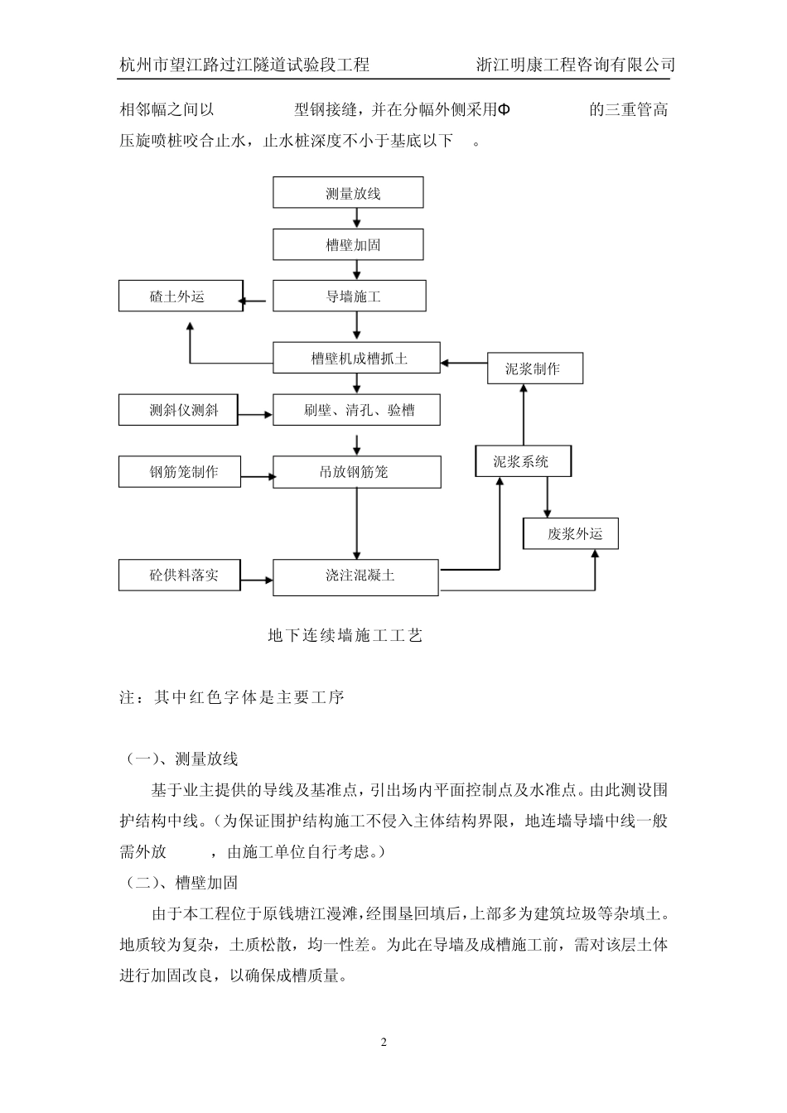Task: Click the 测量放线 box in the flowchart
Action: coord(348,193)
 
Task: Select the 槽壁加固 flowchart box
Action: coord(348,245)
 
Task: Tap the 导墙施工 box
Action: coord(350,296)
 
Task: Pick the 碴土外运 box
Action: coord(180,296)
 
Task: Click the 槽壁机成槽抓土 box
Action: coord(357,359)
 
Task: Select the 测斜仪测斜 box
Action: coord(178,410)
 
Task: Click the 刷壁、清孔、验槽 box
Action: coord(356,410)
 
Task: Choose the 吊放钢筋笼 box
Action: coord(356,472)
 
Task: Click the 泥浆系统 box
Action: coord(523,461)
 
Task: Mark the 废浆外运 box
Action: coord(570,534)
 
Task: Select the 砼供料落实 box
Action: coord(180,575)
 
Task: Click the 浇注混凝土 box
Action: coord(355,576)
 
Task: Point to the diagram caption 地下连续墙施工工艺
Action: coord(345,636)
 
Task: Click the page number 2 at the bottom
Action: coord(384,1042)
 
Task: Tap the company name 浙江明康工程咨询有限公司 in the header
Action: coord(576,65)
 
